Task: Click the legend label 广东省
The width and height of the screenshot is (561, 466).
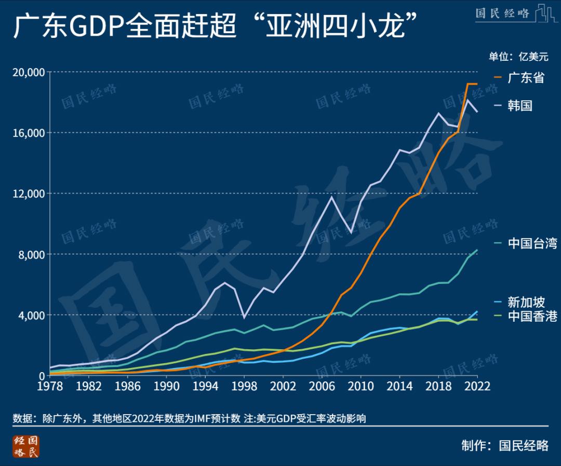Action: pyautogui.click(x=526, y=78)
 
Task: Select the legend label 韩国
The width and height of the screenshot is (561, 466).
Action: pyautogui.click(x=520, y=106)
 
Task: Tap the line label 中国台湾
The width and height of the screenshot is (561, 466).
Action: pyautogui.click(x=532, y=243)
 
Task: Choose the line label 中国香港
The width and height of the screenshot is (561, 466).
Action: pyautogui.click(x=532, y=316)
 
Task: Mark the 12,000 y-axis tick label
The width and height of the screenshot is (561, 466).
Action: pyautogui.click(x=29, y=194)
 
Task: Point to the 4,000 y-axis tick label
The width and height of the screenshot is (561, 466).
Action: pyautogui.click(x=31, y=315)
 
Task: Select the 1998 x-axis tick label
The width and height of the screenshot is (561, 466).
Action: pyautogui.click(x=243, y=387)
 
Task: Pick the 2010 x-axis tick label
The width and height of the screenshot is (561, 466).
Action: pyautogui.click(x=359, y=387)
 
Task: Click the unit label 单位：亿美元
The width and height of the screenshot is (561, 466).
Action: pyautogui.click(x=518, y=57)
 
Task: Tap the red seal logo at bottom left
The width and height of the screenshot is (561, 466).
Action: pyautogui.click(x=26, y=446)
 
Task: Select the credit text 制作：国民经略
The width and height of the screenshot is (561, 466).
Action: pyautogui.click(x=504, y=445)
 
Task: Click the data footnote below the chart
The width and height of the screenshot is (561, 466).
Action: pyautogui.click(x=190, y=418)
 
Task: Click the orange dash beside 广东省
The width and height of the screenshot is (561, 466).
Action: pyautogui.click(x=498, y=78)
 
